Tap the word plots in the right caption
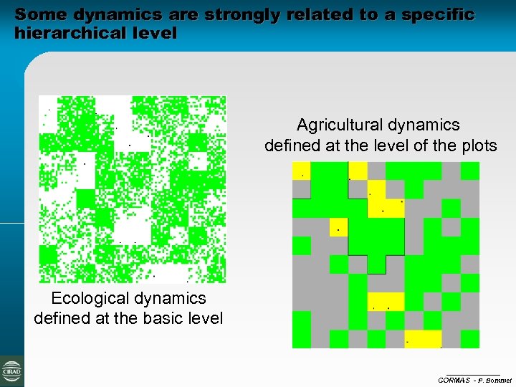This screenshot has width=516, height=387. pyautogui.click(x=478, y=145)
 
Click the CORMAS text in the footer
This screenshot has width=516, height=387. pyautogui.click(x=454, y=379)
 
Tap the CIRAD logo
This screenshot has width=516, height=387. pyautogui.click(x=11, y=371)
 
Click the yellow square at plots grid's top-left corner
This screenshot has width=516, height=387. pyautogui.click(x=301, y=171)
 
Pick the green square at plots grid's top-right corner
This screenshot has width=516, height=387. pyautogui.click(x=470, y=171)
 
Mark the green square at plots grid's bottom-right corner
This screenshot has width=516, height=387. pyautogui.click(x=470, y=339)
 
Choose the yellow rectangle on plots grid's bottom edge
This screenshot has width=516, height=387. pyautogui.click(x=423, y=339)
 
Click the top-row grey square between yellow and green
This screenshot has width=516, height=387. pyautogui.click(x=451, y=171)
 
